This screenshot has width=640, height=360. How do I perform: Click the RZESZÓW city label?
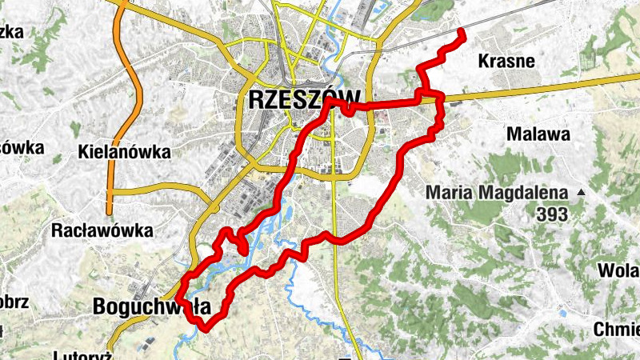(301, 100)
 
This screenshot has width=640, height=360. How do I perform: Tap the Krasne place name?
(506, 61)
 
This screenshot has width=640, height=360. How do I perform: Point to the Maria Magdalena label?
(496, 193)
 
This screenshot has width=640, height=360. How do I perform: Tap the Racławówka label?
(102, 231)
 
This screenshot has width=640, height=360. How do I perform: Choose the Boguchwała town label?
(151, 306)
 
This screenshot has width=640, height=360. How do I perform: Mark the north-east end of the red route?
(462, 33)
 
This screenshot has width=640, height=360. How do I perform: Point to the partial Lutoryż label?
(88, 354)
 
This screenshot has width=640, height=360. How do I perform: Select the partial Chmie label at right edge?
(616, 329)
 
